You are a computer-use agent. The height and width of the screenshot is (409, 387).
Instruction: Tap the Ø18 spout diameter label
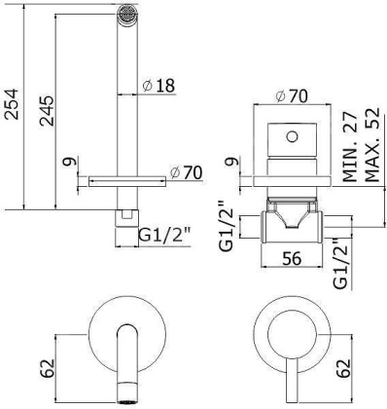click(x=158, y=86)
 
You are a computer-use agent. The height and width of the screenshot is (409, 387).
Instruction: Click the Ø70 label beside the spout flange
click(x=187, y=172)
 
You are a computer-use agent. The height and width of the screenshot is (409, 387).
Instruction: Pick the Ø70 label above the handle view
click(x=294, y=95)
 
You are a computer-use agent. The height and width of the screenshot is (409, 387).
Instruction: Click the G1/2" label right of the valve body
click(x=340, y=261)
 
